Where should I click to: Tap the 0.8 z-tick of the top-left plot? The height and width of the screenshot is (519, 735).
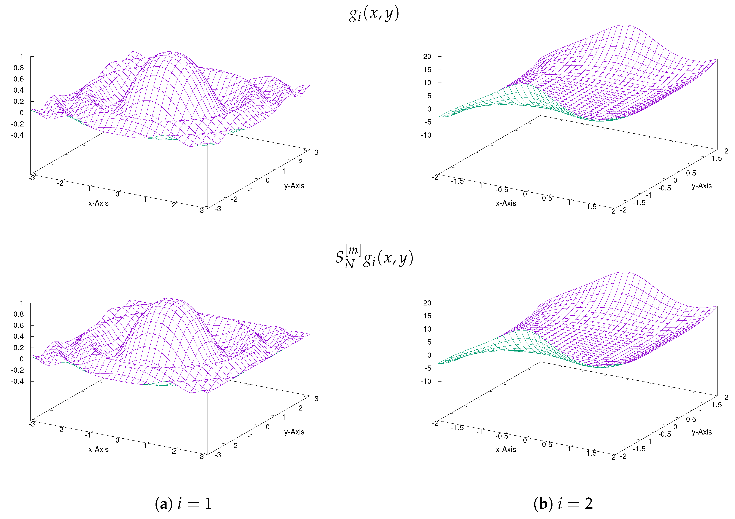coord(19,68)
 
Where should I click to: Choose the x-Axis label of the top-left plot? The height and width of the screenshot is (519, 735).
coord(98,203)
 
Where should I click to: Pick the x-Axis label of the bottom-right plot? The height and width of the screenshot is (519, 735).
coord(506,449)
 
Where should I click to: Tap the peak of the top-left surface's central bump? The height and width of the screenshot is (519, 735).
coord(169,52)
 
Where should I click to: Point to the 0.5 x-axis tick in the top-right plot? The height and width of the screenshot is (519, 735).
coord(547,198)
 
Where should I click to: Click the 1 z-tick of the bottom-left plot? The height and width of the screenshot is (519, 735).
coord(21,303)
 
